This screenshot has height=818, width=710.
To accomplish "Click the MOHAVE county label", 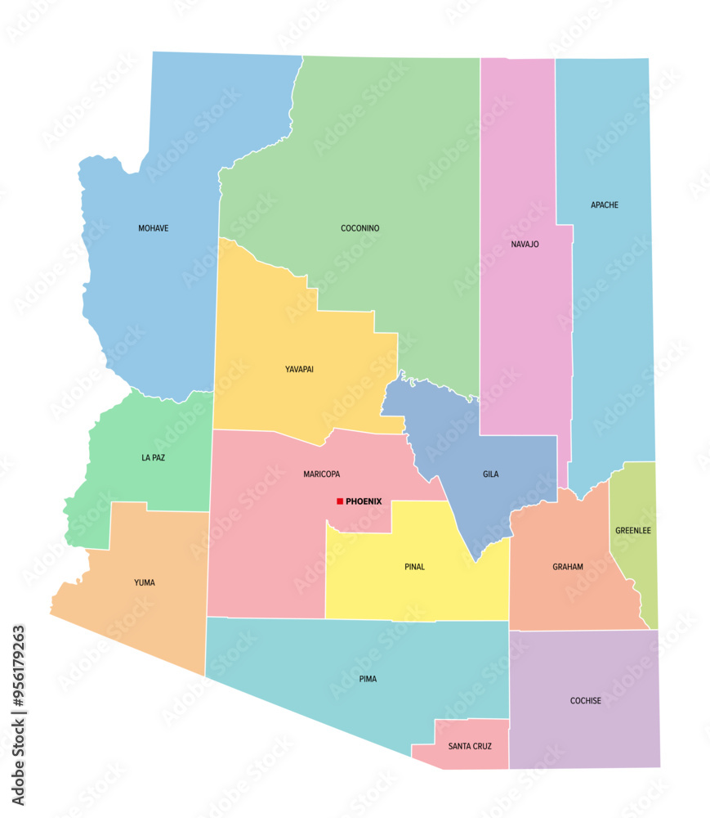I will [x=154, y=228].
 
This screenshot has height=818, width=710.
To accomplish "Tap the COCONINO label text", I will [x=359, y=228].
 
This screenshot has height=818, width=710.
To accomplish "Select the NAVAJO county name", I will [x=525, y=244].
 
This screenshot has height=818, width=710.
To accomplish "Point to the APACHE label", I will [x=605, y=204].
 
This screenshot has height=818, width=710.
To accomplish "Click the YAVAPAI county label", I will [x=299, y=369].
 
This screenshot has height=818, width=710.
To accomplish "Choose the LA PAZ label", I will [x=153, y=457].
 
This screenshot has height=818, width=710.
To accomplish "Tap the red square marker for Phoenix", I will [x=340, y=501].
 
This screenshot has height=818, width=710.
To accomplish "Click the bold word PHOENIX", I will [x=364, y=501].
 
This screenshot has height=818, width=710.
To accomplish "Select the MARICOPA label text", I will [x=321, y=474].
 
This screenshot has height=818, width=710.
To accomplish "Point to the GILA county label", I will [x=490, y=474].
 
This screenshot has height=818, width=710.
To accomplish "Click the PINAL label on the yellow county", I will [x=414, y=566].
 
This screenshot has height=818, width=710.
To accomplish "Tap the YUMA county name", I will [x=144, y=582].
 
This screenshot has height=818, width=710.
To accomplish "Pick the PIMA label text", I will [x=368, y=679].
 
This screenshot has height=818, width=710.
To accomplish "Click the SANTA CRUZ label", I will [x=470, y=746].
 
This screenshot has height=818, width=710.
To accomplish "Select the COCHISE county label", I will [x=585, y=701].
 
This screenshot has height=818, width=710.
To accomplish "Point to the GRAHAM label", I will [x=568, y=566].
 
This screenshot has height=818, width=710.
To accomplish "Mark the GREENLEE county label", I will [x=633, y=530].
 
